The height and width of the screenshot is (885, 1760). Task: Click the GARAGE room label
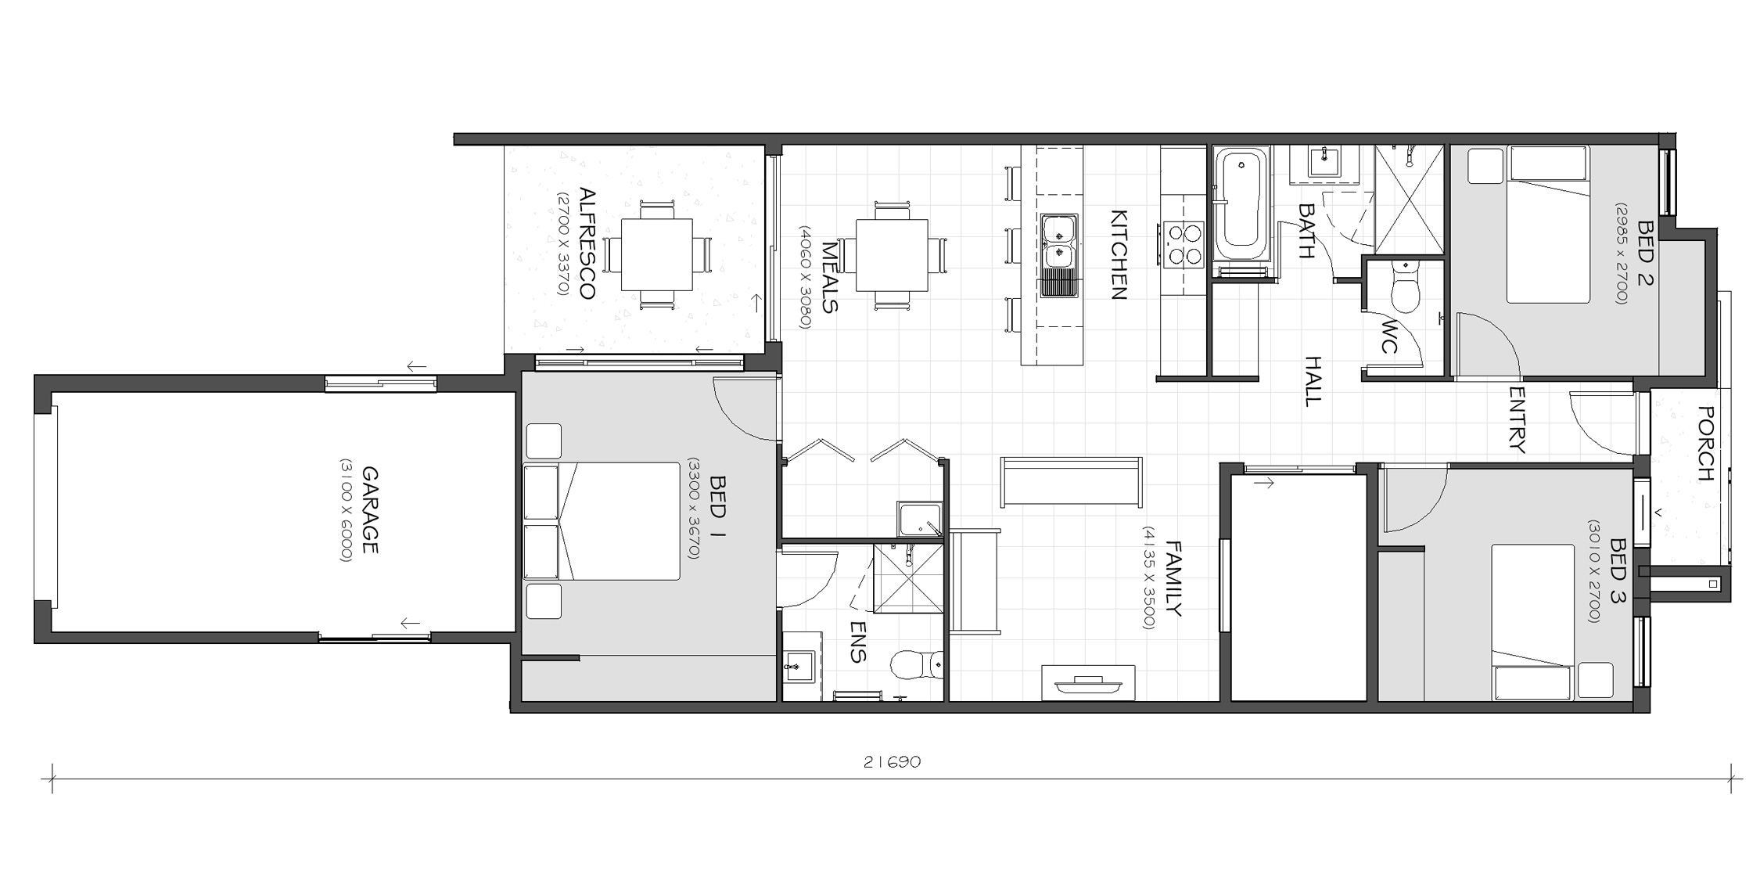[x=370, y=510]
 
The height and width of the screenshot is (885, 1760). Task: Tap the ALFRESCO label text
[x=587, y=243]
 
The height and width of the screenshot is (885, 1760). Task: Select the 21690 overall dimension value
[x=892, y=762]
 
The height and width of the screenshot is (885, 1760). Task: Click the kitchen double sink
[x=1059, y=255]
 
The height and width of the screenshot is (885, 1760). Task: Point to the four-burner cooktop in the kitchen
[x=1183, y=245]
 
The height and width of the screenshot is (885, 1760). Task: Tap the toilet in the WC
[x=1405, y=286]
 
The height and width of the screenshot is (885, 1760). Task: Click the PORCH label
[x=1707, y=444]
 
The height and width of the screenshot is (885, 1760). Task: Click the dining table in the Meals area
[x=892, y=255]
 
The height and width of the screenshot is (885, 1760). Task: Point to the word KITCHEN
[x=1119, y=255]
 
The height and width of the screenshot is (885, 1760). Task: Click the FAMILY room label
[x=1173, y=578]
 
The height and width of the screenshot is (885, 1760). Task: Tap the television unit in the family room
[x=1088, y=683]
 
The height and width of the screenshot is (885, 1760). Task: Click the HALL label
[x=1313, y=381]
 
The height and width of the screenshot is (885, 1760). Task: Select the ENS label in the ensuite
[x=858, y=642]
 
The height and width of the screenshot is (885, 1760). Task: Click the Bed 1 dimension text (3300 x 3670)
[x=692, y=509]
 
